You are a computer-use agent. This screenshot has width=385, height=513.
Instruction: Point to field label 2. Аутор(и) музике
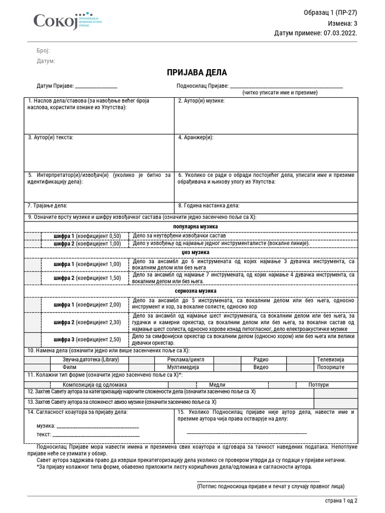click(202, 101)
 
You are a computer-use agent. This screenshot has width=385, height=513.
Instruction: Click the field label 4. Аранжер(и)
click(196, 137)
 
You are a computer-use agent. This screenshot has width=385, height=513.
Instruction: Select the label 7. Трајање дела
click(48, 205)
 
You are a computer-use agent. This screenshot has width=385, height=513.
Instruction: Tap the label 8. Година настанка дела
click(209, 205)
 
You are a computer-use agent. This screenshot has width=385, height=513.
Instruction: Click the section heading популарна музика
click(192, 227)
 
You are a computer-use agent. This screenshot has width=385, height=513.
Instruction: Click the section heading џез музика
click(192, 252)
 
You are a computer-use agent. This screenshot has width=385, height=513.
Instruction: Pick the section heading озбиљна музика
click(192, 291)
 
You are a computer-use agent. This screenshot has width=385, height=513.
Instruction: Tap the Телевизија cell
click(329, 360)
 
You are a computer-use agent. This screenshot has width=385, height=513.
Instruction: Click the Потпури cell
click(319, 384)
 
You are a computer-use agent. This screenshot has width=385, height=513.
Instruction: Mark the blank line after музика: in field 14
click(98, 427)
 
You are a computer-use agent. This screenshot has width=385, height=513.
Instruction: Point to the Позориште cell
click(329, 367)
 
